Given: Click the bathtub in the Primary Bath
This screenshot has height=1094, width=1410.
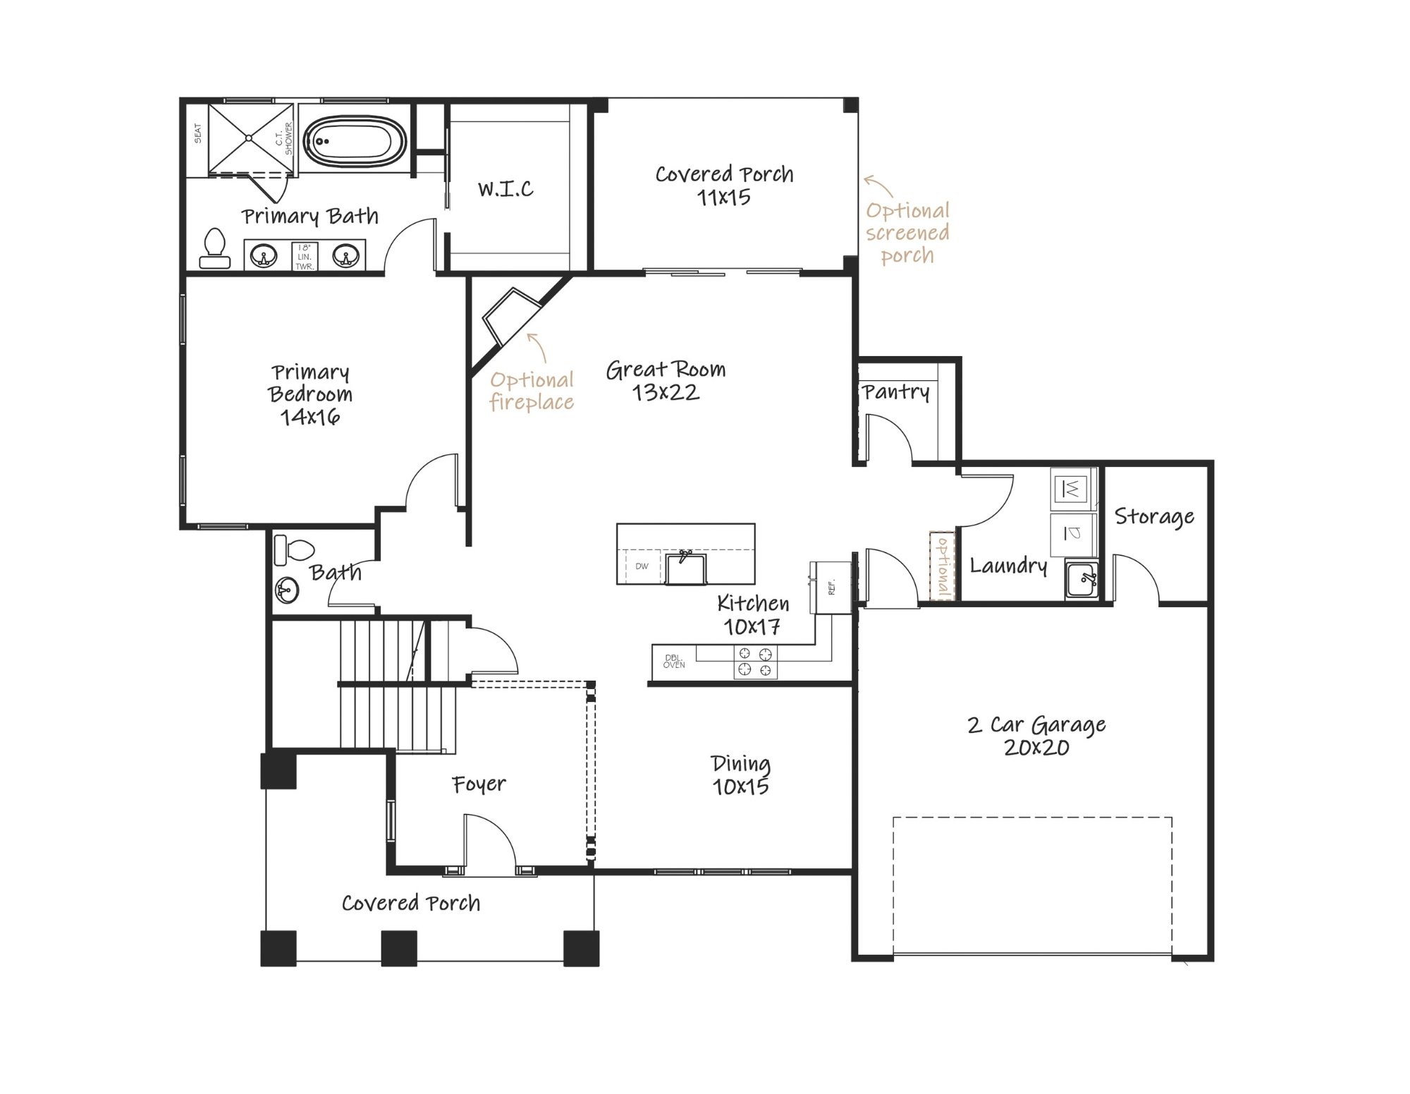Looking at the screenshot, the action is pos(355,141).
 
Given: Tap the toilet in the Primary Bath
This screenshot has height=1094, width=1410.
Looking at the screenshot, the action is pos(214,248).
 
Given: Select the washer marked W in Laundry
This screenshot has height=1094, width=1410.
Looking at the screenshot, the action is pos(1071,488).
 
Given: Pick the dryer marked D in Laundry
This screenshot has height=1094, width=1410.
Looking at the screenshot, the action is pos(1071,533).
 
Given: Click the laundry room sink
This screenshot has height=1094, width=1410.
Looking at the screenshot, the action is pos(1081,580).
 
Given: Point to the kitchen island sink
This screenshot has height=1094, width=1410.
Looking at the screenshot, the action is pos(684,568).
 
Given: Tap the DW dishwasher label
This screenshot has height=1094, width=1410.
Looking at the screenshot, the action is pos(642,566).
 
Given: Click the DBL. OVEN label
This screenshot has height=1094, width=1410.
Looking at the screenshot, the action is pos(674,661).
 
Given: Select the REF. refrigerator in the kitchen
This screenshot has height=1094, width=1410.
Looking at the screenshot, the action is pos(831,587).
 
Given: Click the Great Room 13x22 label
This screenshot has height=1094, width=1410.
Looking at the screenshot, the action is pos(666,380).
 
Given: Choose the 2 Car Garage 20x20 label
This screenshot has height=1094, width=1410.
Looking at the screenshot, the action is pos(1036,736).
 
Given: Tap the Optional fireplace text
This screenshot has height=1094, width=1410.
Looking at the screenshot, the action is pos(532,390).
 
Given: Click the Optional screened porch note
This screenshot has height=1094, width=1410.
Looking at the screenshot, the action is pos(908,233).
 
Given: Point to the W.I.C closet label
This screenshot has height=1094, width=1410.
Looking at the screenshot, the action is pos(505,188).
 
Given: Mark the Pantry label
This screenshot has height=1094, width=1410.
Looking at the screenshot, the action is pos(896,392).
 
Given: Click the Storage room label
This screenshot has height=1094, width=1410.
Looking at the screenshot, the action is pos(1154,517).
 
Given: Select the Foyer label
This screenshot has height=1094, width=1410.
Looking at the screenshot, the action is pos(479,784).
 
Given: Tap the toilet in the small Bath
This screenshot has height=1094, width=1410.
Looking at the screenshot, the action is pos(293,549).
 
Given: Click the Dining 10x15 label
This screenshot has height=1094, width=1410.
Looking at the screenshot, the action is pos(740,774).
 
